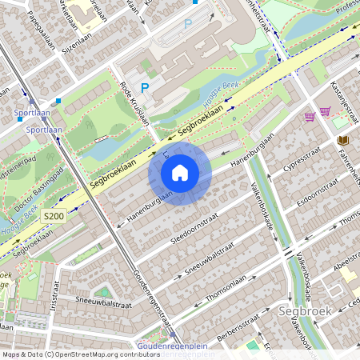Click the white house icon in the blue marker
pyautogui.click(x=180, y=172)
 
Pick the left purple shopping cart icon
pyautogui.click(x=310, y=116)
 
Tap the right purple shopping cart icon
pyautogui.click(x=326, y=111)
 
